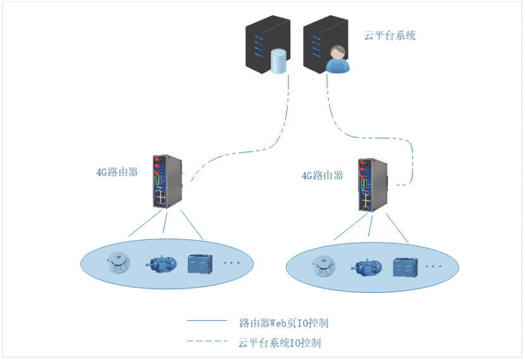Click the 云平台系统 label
(390, 36)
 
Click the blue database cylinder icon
(278, 61)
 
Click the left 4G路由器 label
(117, 171)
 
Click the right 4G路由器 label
(323, 175)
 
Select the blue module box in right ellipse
(405, 268)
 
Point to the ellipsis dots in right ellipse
(435, 267)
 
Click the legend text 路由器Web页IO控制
(284, 323)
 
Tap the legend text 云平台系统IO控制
(280, 343)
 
